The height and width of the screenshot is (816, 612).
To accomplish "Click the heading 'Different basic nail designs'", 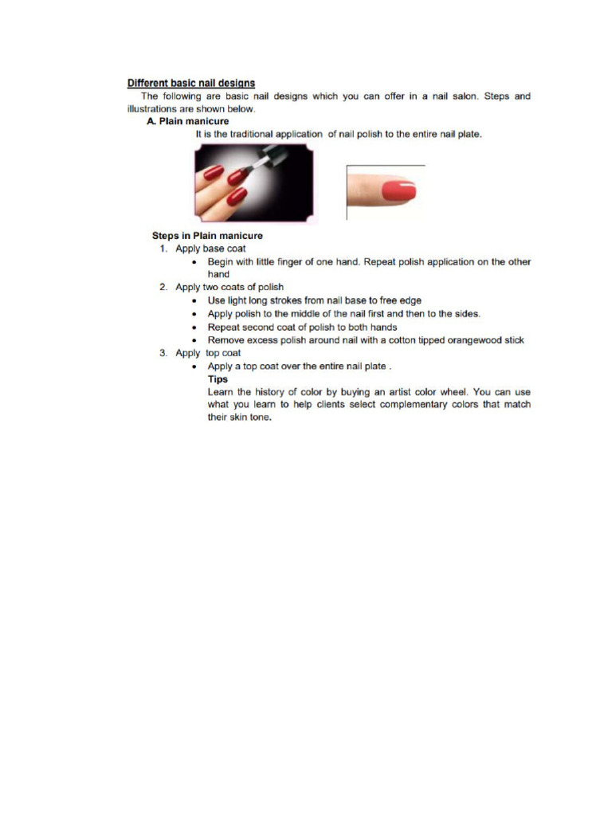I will [191, 83].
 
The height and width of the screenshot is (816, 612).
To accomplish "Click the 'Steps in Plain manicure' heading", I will [207, 236].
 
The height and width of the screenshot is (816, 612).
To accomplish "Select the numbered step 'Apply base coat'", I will [205, 249].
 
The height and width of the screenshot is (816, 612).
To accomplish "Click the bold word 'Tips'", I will [218, 379].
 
